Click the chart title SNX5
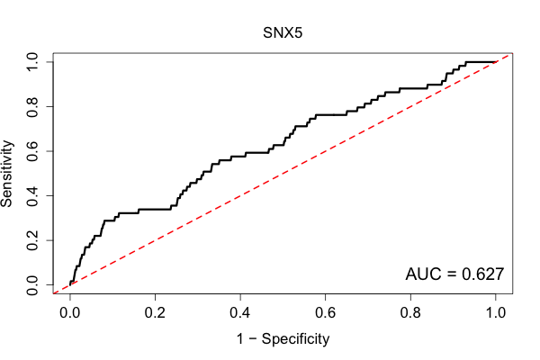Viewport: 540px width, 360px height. coord(283,32)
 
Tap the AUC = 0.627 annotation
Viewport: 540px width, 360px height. coord(454,274)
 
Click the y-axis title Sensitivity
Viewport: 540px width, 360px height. coord(6,174)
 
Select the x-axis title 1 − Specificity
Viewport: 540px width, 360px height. coord(283,339)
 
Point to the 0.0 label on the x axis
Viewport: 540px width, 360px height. coord(70,313)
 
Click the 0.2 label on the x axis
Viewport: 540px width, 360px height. coord(155,313)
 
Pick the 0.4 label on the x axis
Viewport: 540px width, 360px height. coord(240,313)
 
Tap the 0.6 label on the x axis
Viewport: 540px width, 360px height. coord(325,313)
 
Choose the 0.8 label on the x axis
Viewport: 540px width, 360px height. coord(410,313)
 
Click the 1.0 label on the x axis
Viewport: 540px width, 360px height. coord(496,313)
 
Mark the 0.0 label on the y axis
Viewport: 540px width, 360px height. coord(32,285)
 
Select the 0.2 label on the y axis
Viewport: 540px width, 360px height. coord(32,240)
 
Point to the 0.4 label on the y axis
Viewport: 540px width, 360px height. coord(32,195)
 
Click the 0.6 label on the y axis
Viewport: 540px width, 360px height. coord(32,151)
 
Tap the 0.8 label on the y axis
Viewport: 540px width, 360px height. coord(32,107)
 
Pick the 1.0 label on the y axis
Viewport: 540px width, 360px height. coord(32,62)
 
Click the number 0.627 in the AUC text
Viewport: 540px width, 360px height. coord(482,274)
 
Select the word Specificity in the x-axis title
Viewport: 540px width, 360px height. coord(295,339)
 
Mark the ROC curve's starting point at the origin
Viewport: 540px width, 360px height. coord(70,285)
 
